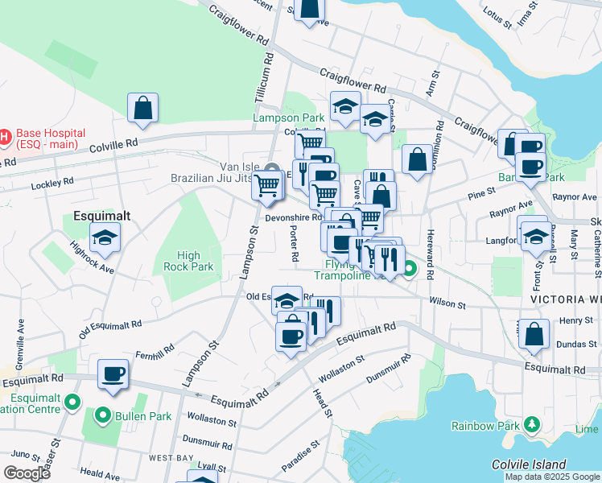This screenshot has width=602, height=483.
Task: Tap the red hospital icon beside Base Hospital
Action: pyautogui.click(x=5, y=137)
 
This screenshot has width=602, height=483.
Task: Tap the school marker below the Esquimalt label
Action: pyautogui.click(x=105, y=237)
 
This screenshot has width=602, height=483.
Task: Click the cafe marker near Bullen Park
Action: pyautogui.click(x=113, y=374)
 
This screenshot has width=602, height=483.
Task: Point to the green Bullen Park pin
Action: pyautogui.click(x=102, y=416)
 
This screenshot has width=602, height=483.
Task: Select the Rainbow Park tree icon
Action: pyautogui.click(x=531, y=424)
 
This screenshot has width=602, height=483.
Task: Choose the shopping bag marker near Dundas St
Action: pyautogui.click(x=534, y=335)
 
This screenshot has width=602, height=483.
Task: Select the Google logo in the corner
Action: pyautogui.click(x=27, y=473)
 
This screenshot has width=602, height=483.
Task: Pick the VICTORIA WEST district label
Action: pyautogui.click(x=566, y=299)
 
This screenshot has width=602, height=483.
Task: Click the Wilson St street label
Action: pyautogui.click(x=447, y=304)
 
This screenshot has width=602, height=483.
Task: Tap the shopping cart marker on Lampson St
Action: pyautogui.click(x=266, y=187)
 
